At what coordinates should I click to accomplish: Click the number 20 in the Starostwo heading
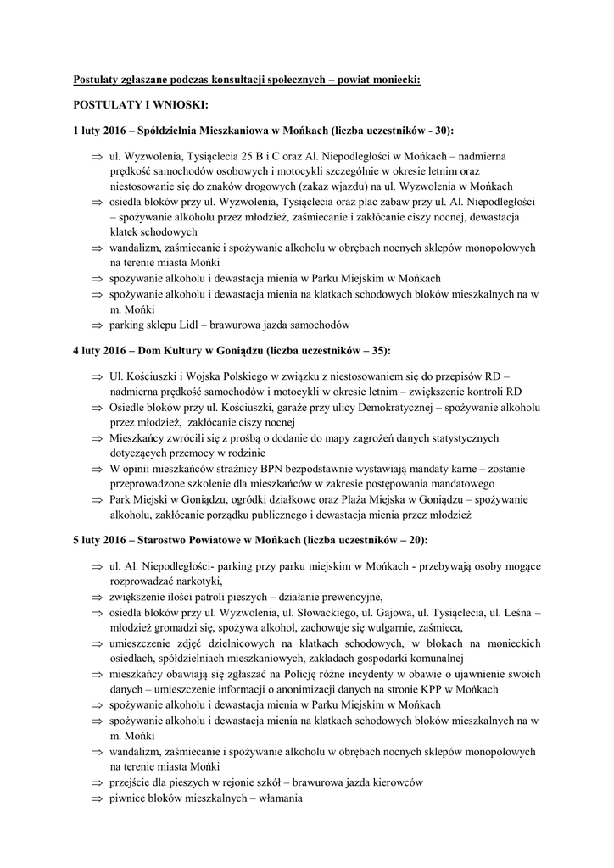tap(416, 539)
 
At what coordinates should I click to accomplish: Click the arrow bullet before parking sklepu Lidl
tap(96, 325)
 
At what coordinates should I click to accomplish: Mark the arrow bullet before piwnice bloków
tap(96, 798)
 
